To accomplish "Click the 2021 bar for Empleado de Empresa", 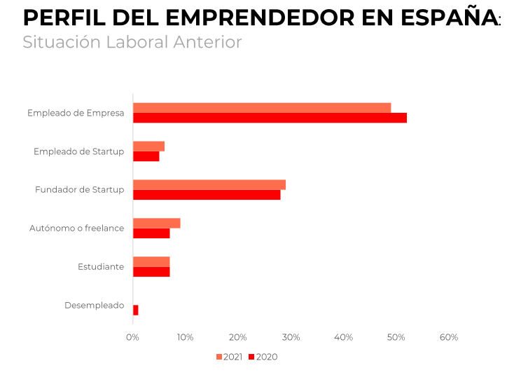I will (261, 108).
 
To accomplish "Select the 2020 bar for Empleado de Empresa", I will (270, 118).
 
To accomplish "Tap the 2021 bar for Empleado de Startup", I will (148, 146).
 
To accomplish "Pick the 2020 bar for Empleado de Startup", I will (146, 156).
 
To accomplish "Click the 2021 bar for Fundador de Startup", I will (209, 185).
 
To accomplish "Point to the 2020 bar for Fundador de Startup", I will (207, 195).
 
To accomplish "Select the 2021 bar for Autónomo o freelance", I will (156, 224).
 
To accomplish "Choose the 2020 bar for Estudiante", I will (151, 271).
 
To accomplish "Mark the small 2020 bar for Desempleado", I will (136, 310).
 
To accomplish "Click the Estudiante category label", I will (101, 267).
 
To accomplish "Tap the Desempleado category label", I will (94, 306).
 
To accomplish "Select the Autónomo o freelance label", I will (76, 229).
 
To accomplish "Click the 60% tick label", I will (449, 337).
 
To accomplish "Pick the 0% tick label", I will (132, 337).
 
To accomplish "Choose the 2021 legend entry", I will (229, 357).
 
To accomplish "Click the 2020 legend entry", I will (263, 357).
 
